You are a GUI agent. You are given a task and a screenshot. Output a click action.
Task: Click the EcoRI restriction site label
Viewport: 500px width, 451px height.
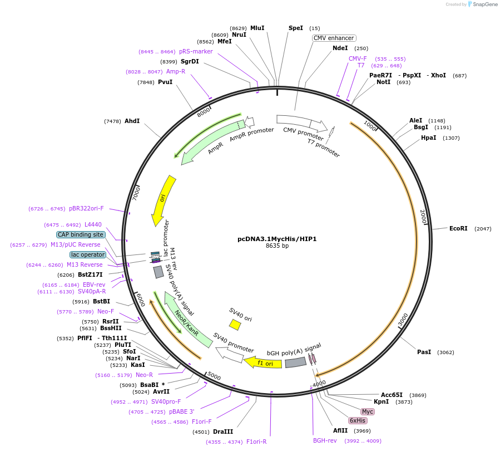(x=458, y=228)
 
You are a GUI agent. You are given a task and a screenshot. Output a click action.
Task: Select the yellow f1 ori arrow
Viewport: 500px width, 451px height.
(x=263, y=363)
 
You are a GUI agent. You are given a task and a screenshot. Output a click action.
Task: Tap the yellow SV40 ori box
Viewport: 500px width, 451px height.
(x=235, y=324)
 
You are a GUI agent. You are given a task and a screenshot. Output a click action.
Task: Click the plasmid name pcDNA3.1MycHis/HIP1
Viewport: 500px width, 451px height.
(x=277, y=238)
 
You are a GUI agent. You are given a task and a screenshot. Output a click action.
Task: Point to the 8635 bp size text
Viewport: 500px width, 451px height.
(x=277, y=246)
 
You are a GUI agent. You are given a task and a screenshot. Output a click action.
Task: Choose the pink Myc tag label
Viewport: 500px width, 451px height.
(x=368, y=411)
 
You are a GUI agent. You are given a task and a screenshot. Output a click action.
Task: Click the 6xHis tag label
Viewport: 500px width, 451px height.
(x=358, y=420)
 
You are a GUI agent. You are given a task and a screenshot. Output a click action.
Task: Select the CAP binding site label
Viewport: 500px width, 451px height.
(x=81, y=234)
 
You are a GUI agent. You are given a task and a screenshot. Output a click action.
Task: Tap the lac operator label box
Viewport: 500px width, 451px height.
(x=87, y=254)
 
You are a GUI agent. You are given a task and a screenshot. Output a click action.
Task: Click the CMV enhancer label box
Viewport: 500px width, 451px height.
(x=334, y=38)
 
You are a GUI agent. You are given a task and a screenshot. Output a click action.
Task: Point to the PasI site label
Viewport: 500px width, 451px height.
(x=424, y=352)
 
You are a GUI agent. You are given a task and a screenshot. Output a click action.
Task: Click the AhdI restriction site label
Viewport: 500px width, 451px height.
(x=132, y=121)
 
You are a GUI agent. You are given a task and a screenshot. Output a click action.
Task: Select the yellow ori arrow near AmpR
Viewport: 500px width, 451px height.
(x=164, y=200)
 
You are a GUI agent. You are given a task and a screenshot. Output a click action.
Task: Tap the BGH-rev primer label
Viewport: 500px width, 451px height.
(x=325, y=440)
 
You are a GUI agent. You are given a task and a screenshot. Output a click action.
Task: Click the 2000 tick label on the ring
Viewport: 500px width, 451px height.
(x=423, y=217)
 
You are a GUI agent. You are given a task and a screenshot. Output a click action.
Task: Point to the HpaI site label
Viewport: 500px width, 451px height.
(x=428, y=138)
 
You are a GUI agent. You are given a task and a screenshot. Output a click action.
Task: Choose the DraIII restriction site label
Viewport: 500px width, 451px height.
(x=223, y=432)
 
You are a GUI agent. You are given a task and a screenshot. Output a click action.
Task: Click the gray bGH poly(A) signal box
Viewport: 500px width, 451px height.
(x=295, y=362)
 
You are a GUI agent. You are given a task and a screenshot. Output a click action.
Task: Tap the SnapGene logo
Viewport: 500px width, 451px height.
(x=481, y=4)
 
